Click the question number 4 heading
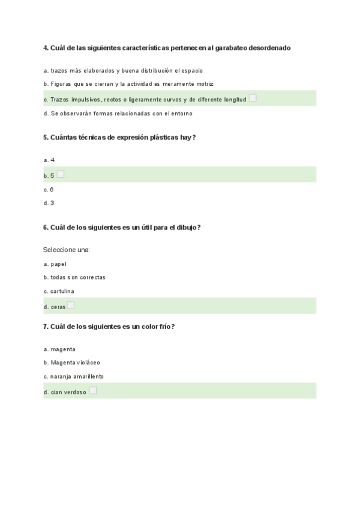tap(167, 47)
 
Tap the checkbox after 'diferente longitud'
tap(253, 98)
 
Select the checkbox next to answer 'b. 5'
tap(61, 174)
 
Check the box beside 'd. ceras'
tap(71, 305)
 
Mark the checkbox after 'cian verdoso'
tap(93, 390)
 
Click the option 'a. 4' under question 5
tap(49, 160)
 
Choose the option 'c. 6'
tap(49, 189)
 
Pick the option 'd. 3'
tap(49, 203)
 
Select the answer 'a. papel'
tap(55, 264)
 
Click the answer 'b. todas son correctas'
tap(74, 277)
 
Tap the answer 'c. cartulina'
tap(59, 291)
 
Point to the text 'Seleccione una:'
tap(66, 249)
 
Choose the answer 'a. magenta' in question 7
tap(59, 349)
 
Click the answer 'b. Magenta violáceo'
tap(72, 363)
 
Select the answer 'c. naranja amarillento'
tap(74, 376)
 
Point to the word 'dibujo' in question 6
tap(186, 227)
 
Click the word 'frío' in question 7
tap(164, 327)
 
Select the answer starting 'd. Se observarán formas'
tap(118, 113)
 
